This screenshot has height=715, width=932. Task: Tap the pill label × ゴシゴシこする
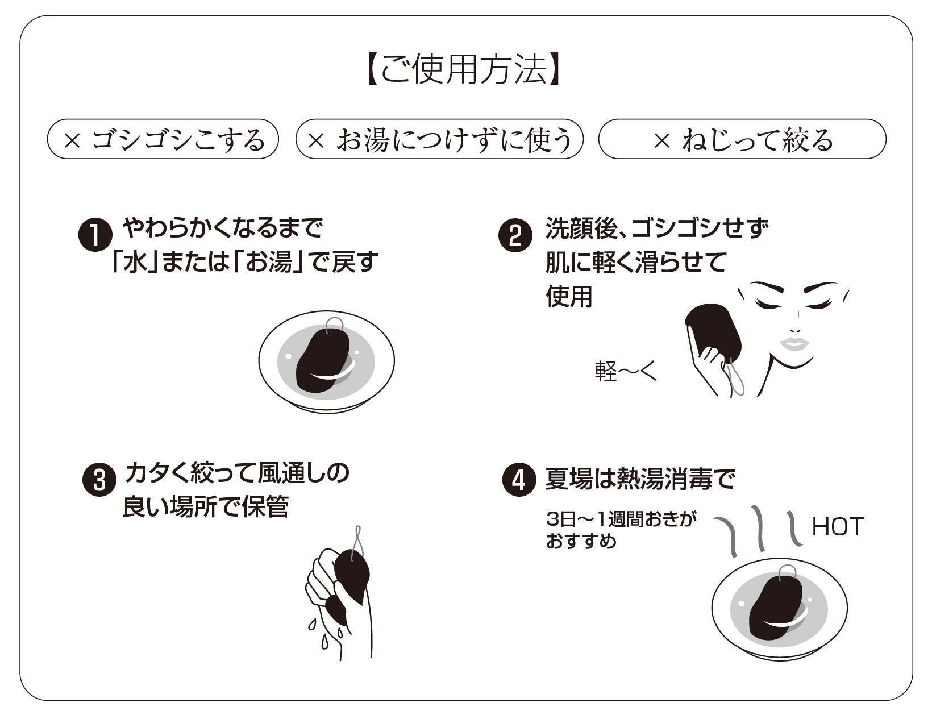163,139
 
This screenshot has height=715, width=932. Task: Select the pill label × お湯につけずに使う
440,139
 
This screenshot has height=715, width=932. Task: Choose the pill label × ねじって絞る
742,139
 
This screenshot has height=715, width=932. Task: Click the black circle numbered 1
94,235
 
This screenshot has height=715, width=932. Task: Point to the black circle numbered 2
515,236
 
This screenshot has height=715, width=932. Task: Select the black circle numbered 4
519,480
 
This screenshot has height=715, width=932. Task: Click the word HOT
838,527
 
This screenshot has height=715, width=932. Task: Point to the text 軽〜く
626,372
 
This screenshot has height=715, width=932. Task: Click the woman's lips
794,343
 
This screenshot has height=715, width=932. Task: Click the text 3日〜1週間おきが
621,519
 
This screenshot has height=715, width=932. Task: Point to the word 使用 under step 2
569,297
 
